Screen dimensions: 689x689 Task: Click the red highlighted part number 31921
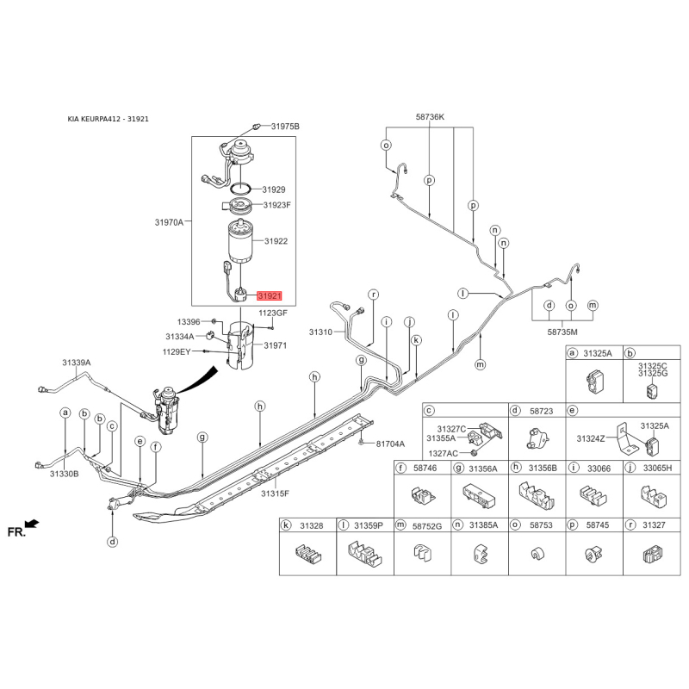click(x=270, y=296)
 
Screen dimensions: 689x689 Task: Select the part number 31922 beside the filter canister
click(x=276, y=241)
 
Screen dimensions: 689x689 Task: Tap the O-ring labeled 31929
click(x=241, y=189)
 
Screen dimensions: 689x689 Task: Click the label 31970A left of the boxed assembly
click(x=169, y=222)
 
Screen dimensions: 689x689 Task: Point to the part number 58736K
click(x=430, y=117)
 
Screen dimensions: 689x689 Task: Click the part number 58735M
click(x=562, y=332)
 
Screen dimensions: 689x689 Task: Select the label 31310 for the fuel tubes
click(x=320, y=332)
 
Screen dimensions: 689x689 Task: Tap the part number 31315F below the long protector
click(x=275, y=493)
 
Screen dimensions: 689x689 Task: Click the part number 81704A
click(x=390, y=444)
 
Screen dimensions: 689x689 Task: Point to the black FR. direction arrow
click(x=32, y=524)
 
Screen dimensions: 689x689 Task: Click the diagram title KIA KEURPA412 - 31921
click(x=109, y=119)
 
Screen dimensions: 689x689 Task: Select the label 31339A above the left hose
click(x=76, y=363)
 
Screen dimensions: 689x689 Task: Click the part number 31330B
click(x=64, y=474)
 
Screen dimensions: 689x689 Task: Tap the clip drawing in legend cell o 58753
click(x=536, y=554)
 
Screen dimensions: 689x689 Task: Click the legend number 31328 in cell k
click(x=312, y=525)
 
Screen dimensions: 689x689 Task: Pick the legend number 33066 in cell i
click(x=599, y=469)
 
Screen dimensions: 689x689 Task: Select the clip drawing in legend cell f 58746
click(x=422, y=496)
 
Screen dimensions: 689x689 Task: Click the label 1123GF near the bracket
click(x=273, y=313)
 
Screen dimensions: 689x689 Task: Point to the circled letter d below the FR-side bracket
click(x=113, y=542)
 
